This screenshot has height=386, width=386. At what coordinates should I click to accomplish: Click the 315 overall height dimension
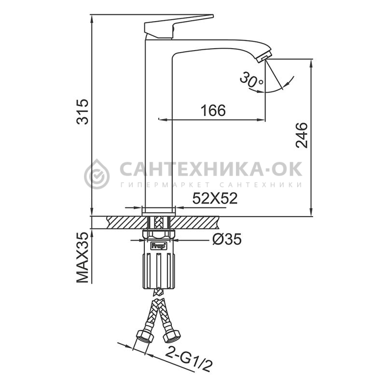click(x=82, y=112)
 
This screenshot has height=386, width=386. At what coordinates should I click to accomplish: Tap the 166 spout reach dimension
click(x=213, y=110)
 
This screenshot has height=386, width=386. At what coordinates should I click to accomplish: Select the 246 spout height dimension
click(x=302, y=135)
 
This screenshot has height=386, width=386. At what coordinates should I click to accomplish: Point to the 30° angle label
click(x=251, y=80)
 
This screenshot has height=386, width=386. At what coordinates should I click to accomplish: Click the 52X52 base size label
click(x=215, y=198)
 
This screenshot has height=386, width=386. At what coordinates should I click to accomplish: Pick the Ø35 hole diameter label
click(x=227, y=239)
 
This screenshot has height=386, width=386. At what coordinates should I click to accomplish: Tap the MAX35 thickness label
click(x=82, y=257)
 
